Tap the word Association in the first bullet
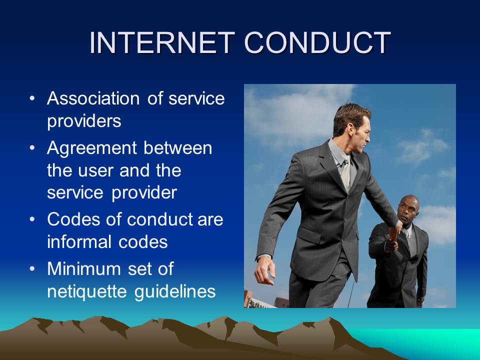click(93, 98)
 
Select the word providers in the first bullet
click(84, 121)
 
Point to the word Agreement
click(92, 148)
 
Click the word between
click(178, 148)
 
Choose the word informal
click(79, 242)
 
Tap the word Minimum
click(84, 268)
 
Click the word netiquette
click(87, 291)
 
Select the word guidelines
click(175, 291)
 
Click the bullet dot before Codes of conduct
click(32, 219)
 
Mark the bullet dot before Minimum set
click(32, 268)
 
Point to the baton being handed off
click(393, 235)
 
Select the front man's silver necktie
click(345, 173)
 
